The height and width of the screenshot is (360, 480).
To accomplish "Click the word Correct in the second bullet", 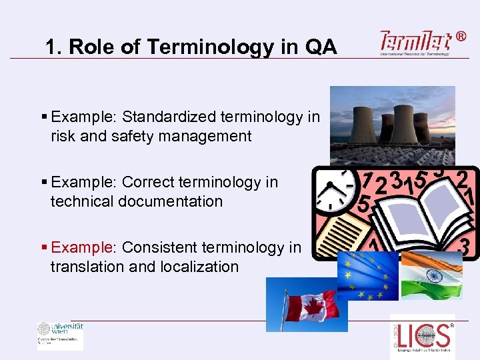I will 151,182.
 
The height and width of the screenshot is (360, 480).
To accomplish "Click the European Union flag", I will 367,275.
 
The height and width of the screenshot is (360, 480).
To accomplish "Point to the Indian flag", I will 431,274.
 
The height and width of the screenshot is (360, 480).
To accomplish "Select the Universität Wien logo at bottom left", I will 60,335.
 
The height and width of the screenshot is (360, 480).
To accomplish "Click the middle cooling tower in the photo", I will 404,123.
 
